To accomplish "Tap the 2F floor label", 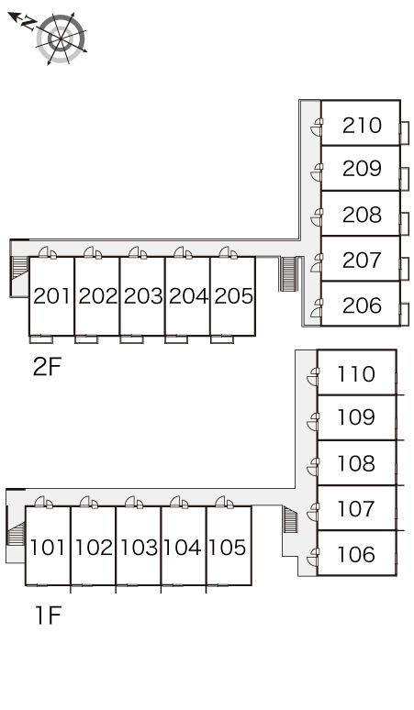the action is coord(47,367).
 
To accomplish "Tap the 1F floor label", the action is coord(48,616).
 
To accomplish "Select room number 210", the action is coord(362,126).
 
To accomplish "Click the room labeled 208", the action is coord(362,215).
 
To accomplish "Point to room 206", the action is coord(362,305).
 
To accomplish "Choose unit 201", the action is coord(52,296).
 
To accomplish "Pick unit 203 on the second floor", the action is coord(142,296).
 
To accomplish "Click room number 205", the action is coord(233,296).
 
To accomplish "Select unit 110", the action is coord(356,374).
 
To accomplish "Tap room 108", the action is coord(356,463).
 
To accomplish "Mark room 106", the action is coord(356,555).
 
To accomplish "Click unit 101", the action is coord(47,547).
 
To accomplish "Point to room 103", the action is coord(139,547).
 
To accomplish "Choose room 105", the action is coord(227,547).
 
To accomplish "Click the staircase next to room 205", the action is coord(288,274).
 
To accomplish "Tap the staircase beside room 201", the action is coord(19,268).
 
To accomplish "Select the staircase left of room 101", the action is coord(17,533).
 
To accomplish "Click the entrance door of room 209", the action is coord(318,173).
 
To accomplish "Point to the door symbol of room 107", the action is coord(313,512).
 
